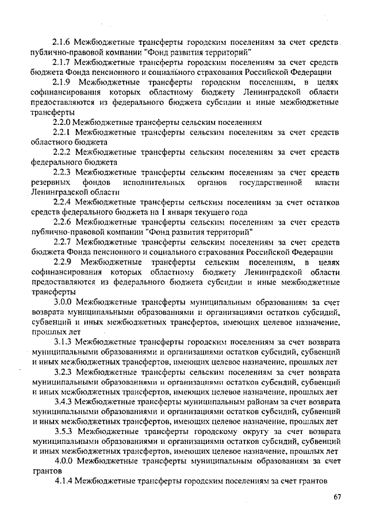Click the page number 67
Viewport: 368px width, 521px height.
click(x=337, y=497)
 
